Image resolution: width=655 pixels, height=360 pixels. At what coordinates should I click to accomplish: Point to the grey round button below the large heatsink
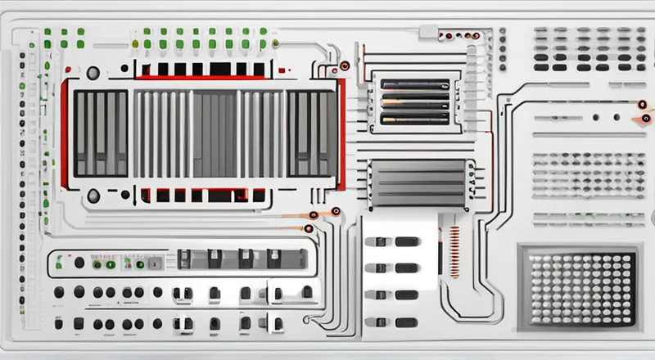point(93,196)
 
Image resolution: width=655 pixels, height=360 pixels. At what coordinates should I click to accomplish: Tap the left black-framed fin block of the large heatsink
point(100,133)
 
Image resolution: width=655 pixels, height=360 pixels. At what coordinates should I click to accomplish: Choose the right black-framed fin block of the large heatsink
point(311,133)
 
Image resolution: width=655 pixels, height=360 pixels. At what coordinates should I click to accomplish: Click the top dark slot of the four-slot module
point(414,83)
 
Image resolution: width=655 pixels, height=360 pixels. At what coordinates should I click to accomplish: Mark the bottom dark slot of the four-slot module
point(414,119)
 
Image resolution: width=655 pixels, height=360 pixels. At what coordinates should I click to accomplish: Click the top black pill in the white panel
point(407,241)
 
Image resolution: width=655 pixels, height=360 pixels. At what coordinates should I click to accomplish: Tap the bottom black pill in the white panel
point(407,322)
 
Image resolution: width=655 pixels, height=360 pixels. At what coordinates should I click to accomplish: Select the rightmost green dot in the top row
point(264,33)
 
